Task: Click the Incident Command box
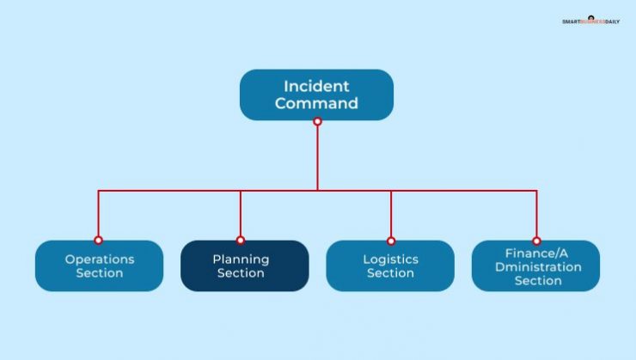pos(316,95)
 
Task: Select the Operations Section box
pos(99,265)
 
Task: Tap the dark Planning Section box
pos(244,265)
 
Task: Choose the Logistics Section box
pos(390,265)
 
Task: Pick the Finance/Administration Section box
pos(535,265)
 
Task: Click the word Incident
pos(316,86)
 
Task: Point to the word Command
pos(316,104)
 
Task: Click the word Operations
pos(100,259)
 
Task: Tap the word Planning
pos(241,259)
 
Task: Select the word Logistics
pos(390,259)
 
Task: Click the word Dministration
pos(538,266)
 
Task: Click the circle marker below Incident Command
pos(317,121)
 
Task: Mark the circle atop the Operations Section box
pos(99,241)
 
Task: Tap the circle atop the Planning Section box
pos(241,241)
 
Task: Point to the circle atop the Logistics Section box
pos(391,241)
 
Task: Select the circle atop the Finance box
pos(536,241)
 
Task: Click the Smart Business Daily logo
pos(590,21)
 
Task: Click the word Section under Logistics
pos(390,273)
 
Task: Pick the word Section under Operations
pos(100,273)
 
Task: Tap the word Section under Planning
pos(241,273)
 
